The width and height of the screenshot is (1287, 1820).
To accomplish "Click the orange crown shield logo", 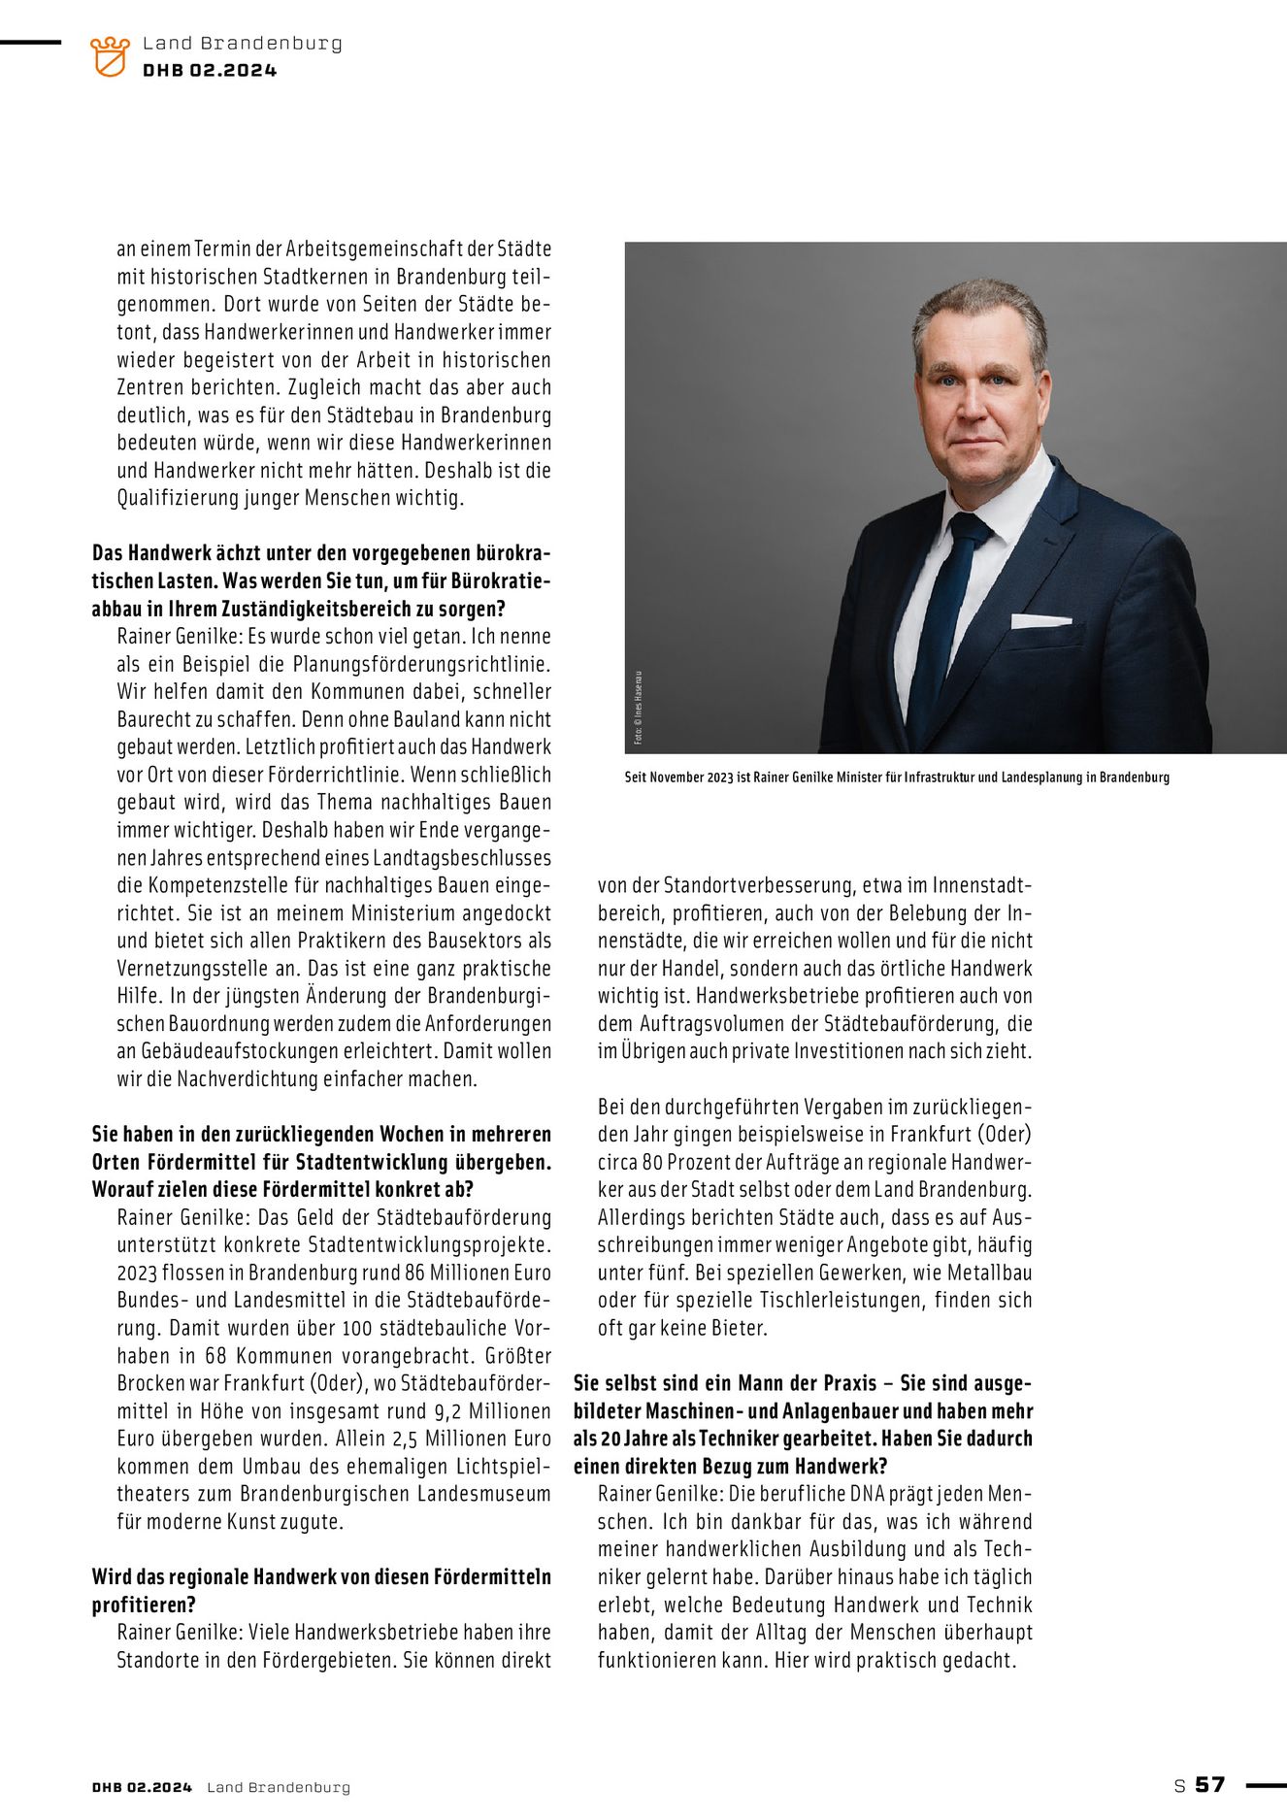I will coord(109,56).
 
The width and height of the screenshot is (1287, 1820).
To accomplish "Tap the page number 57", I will coord(1210,1784).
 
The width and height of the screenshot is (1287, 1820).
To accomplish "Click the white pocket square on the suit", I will coord(1040,620).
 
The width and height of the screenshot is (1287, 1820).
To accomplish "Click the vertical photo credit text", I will coord(638,708).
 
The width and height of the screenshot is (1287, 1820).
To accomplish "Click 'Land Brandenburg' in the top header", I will coord(242,44).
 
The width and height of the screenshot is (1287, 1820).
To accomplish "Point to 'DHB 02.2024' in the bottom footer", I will coord(142,1787).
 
